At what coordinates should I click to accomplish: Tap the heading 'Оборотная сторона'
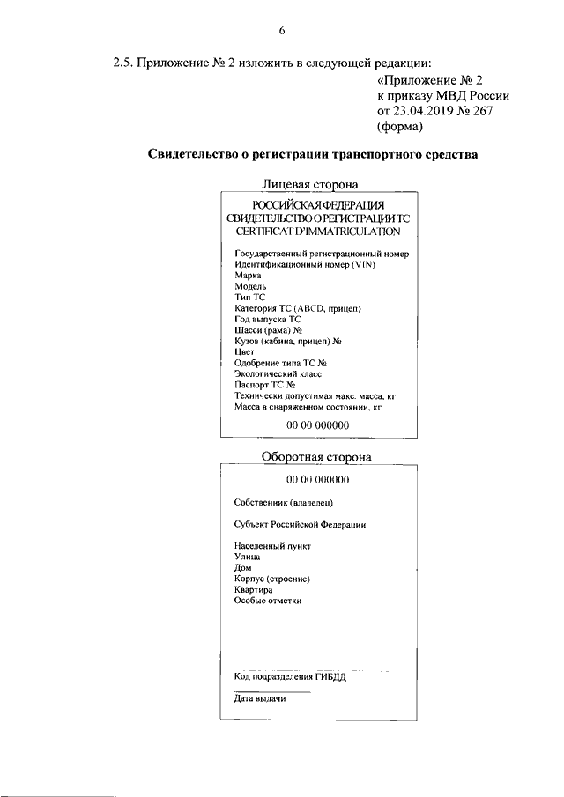316,457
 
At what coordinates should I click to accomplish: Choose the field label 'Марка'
248,276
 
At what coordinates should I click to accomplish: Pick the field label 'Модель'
250,286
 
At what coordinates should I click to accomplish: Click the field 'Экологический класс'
278,373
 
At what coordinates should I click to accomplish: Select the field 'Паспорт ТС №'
264,385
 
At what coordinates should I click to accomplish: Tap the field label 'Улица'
248,557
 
